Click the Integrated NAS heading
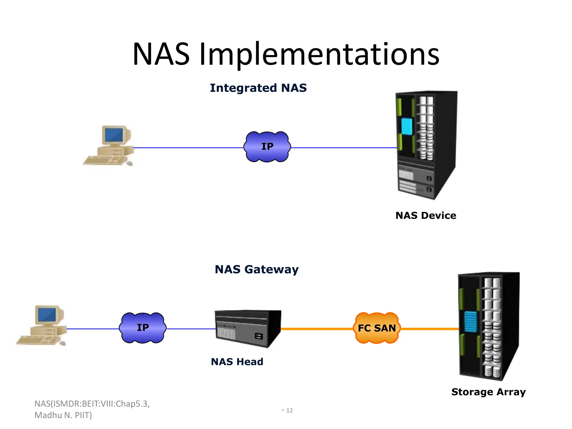point(258,88)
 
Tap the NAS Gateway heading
point(256,270)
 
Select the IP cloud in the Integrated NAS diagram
point(267,147)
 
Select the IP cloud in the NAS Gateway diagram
point(142,328)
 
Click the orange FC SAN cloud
point(377,328)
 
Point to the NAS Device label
point(426,216)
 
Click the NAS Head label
point(237,362)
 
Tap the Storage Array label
point(488,392)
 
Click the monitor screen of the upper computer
point(114,135)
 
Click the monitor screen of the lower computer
point(47,314)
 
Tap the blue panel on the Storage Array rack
point(470,321)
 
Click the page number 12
point(289,410)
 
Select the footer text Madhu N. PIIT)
point(63,415)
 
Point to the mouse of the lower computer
point(63,343)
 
